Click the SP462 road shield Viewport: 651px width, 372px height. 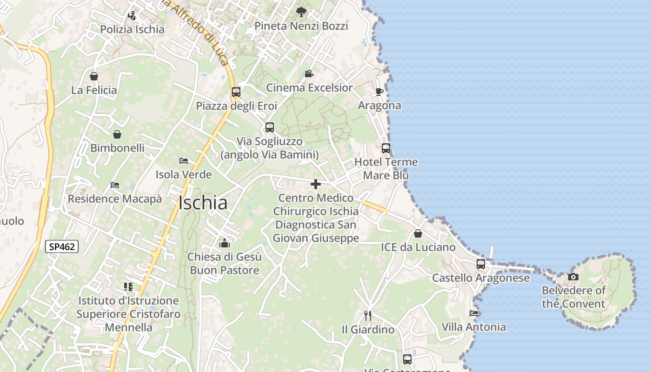point(62,246)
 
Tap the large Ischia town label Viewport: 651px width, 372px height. point(203,203)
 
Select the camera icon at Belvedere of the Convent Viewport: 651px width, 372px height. point(573,277)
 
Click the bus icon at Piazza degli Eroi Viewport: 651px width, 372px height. point(236,92)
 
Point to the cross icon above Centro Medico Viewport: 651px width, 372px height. point(316,184)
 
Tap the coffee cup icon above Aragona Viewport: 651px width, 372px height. point(379,91)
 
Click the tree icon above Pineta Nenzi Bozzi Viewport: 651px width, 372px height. point(301,12)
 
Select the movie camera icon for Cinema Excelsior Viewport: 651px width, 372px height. point(309,73)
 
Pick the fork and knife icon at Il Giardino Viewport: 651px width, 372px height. point(368,316)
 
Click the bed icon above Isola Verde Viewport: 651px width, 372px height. point(184,161)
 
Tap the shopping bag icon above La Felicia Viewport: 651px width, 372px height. point(94,76)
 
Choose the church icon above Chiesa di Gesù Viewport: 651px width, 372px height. point(225,243)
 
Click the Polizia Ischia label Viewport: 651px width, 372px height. point(133,29)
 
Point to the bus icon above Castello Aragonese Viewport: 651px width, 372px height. point(481,264)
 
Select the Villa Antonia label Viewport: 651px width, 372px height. point(474,327)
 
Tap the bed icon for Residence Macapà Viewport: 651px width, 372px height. point(115,185)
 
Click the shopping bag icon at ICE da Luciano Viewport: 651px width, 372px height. point(418,233)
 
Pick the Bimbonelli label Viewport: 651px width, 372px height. point(117,148)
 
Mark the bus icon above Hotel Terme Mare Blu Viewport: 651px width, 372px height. point(386,148)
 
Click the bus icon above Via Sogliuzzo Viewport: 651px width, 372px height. point(270,127)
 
